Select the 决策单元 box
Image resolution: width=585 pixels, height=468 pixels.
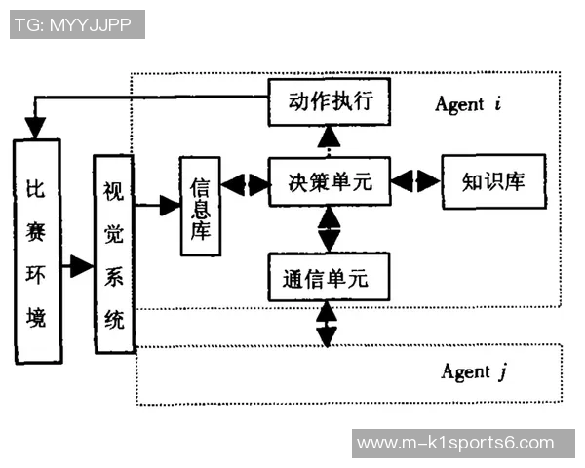pyautogui.click(x=329, y=181)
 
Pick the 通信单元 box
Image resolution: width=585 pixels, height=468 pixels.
pyautogui.click(x=329, y=278)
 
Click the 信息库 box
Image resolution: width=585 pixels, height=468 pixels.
pyautogui.click(x=202, y=206)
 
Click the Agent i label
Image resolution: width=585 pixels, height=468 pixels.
pyautogui.click(x=466, y=103)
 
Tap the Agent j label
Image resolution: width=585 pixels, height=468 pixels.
pyautogui.click(x=474, y=372)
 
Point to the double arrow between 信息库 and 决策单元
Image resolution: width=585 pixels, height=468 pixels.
pyautogui.click(x=245, y=182)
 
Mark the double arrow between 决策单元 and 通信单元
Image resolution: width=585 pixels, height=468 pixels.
pyautogui.click(x=329, y=229)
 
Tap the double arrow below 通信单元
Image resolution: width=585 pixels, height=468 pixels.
pyautogui.click(x=327, y=324)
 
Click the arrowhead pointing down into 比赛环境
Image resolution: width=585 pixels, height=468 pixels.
pyautogui.click(x=36, y=128)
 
